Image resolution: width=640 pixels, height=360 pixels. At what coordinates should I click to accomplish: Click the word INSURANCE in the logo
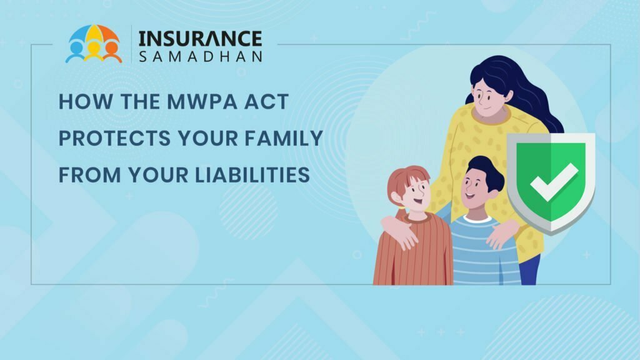click(200, 39)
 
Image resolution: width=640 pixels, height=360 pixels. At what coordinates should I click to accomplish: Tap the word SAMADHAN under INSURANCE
click(200, 57)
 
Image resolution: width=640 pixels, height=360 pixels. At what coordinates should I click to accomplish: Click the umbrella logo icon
click(94, 44)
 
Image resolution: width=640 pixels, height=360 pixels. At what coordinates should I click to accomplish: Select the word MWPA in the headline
click(202, 101)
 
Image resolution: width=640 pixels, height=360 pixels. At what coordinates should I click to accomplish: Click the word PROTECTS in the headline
click(115, 138)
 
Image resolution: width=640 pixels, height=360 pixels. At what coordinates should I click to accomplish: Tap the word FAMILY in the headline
click(284, 138)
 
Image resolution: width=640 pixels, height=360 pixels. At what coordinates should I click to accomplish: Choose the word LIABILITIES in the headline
click(252, 175)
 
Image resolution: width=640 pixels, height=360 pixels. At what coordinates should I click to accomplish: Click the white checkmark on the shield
click(554, 182)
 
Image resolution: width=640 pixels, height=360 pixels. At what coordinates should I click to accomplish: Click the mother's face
click(489, 98)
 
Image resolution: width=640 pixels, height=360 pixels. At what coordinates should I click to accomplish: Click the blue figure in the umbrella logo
click(76, 51)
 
